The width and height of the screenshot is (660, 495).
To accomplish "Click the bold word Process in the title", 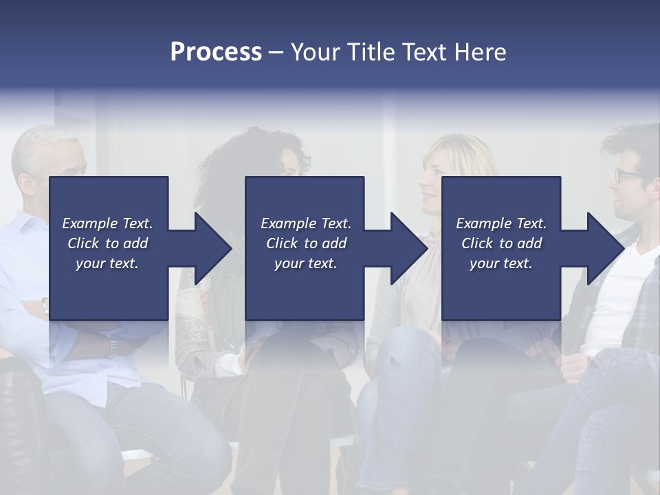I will (x=216, y=52).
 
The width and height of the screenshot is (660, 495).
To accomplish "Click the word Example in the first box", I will (x=89, y=223).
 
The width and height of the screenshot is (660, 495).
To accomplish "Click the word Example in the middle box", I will (x=288, y=223).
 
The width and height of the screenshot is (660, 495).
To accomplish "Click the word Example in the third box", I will (x=483, y=223).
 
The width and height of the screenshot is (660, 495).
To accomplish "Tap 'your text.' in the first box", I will (x=107, y=263).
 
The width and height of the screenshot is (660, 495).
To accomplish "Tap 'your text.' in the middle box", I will (x=306, y=263).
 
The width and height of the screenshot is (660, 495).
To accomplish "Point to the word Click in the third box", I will (x=477, y=243).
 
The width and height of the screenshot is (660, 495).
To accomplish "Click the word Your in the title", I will (x=313, y=52).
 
